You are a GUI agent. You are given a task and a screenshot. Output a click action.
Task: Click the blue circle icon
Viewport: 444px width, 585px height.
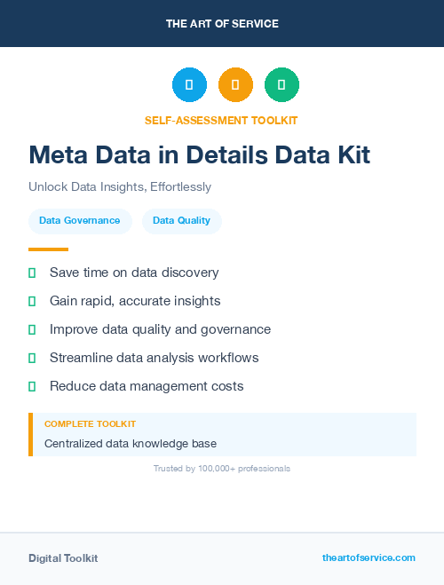tap(189, 85)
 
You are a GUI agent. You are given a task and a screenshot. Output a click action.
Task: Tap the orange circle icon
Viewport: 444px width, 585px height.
tap(235, 85)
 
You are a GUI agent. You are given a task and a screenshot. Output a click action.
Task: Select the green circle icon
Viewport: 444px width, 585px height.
tap(281, 85)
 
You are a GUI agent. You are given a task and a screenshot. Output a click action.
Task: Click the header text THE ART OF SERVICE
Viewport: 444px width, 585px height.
tap(222, 24)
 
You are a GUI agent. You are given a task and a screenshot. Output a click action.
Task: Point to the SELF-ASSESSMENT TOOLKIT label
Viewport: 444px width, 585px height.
tap(222, 120)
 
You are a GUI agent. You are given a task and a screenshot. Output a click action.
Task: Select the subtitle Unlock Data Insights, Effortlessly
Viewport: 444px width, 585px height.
tap(120, 187)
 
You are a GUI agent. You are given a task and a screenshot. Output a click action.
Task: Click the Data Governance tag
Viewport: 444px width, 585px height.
tap(80, 221)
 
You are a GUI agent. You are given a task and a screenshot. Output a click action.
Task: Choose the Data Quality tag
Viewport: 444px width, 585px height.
tap(182, 221)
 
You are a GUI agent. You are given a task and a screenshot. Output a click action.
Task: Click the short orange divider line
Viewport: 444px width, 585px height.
tap(48, 249)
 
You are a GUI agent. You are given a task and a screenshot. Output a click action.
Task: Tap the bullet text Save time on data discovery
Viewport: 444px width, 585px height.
tap(134, 273)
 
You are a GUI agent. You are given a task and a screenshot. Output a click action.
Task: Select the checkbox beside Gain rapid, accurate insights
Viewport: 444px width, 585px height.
tap(32, 302)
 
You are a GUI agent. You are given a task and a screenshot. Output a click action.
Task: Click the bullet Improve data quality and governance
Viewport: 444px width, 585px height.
tap(160, 329)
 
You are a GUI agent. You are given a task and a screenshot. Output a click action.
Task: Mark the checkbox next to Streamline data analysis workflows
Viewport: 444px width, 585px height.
tap(32, 359)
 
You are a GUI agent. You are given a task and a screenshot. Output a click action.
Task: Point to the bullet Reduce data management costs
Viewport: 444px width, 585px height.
tap(147, 386)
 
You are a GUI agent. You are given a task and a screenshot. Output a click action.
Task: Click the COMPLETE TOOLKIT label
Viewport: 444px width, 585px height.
tap(91, 425)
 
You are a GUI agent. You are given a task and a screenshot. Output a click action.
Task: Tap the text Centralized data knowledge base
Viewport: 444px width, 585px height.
tap(131, 443)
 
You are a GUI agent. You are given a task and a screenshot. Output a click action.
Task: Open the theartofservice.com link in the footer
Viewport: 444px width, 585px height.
tap(369, 557)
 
